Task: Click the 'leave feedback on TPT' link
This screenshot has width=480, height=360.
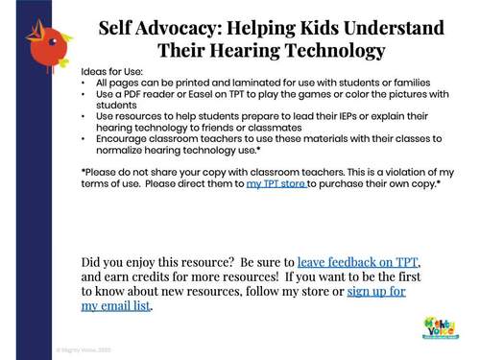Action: tap(358, 262)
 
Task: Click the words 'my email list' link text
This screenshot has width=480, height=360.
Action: tap(116, 306)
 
